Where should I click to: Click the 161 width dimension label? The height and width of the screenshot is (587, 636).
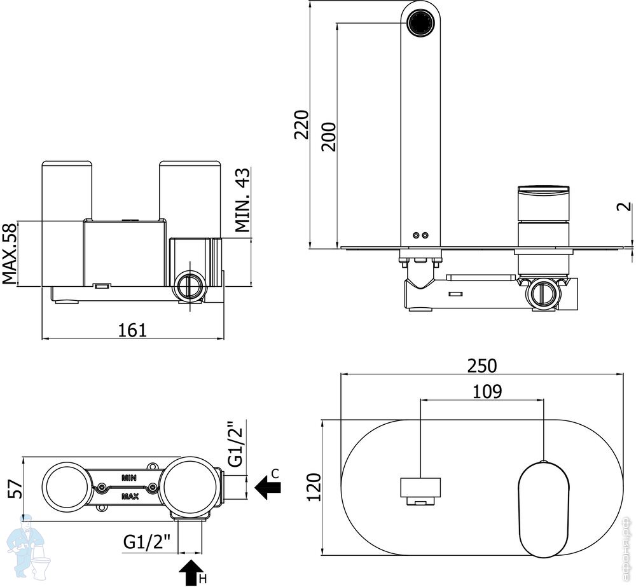click(132, 329)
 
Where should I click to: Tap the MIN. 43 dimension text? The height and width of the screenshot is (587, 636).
click(242, 201)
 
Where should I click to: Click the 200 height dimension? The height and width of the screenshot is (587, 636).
click(328, 134)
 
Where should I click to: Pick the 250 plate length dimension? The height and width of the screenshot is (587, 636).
click(481, 365)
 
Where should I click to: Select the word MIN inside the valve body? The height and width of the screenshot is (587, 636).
click(128, 476)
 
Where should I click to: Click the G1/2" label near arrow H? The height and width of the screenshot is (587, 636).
click(148, 542)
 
